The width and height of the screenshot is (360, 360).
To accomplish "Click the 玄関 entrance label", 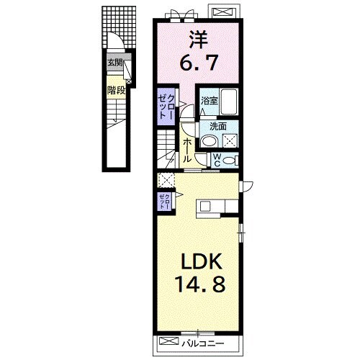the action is pos(115,63).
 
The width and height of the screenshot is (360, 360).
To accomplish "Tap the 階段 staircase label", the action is pos(117,91).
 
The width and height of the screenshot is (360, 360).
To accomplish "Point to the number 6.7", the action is pos(199,63).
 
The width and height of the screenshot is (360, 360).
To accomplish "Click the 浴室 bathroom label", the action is pos(210,101).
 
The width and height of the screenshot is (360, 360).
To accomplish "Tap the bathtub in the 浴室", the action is pos(229,102).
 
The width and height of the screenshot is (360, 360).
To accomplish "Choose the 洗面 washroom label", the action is pos(218,127).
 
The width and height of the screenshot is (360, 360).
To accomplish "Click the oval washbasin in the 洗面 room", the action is pos(210,142).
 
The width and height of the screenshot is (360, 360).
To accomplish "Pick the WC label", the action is pos(217,161).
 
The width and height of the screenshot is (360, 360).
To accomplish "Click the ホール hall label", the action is pos(187,150).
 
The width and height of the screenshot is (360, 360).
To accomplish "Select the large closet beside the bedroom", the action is pos(166,107).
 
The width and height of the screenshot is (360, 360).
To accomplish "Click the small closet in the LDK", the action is pos(164,201).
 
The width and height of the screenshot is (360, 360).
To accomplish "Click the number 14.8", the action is pos(201,284).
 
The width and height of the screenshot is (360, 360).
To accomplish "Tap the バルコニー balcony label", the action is pos(203,343).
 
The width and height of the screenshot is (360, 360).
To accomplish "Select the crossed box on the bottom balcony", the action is pos(169,341).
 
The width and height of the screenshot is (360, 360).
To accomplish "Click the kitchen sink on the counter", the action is pos(205,206).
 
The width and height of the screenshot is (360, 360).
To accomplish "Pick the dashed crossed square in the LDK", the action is pos(166,180).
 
